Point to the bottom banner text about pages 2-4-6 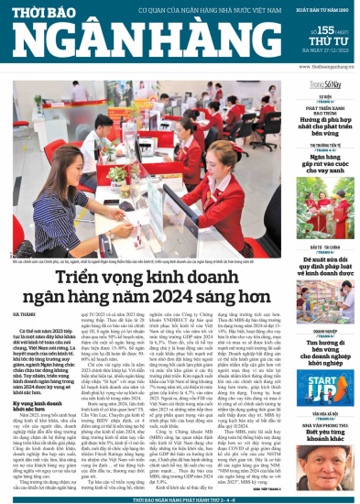[179, 497]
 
